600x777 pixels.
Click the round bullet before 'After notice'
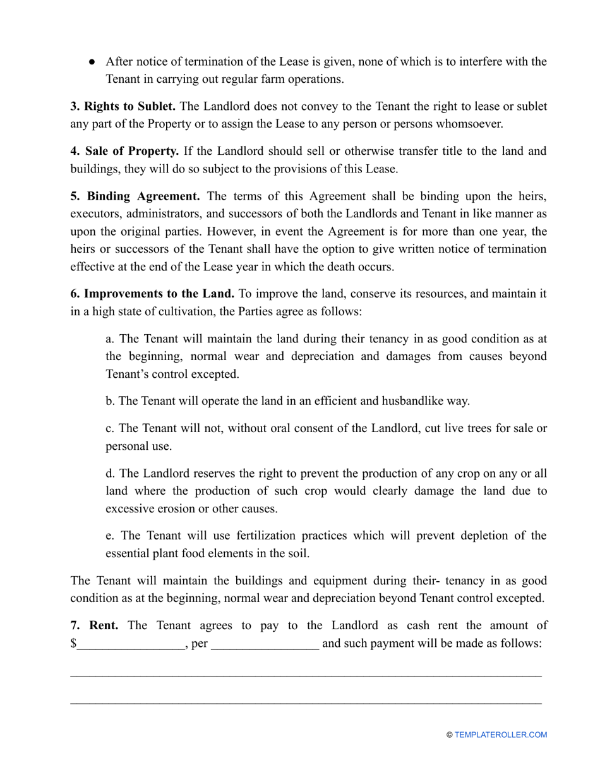click(92, 62)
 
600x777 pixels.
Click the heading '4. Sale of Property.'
click(124, 151)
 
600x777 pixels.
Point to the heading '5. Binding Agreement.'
click(135, 196)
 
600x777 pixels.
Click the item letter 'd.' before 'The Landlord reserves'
click(111, 473)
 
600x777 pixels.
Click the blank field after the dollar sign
click(130, 644)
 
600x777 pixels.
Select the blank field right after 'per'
click(265, 644)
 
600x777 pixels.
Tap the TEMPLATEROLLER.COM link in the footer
click(500, 735)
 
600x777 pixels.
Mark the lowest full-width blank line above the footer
click(305, 702)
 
